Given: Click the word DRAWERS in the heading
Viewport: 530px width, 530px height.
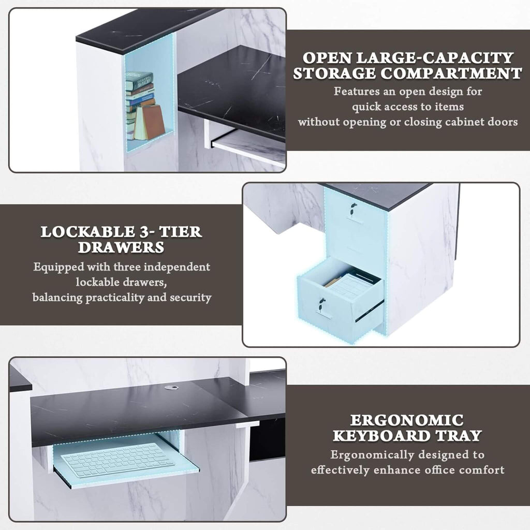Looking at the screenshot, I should (x=121, y=247).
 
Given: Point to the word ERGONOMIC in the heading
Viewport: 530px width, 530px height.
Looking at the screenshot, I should (x=406, y=420).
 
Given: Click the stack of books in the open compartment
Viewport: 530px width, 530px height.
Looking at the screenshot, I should (x=139, y=98).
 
